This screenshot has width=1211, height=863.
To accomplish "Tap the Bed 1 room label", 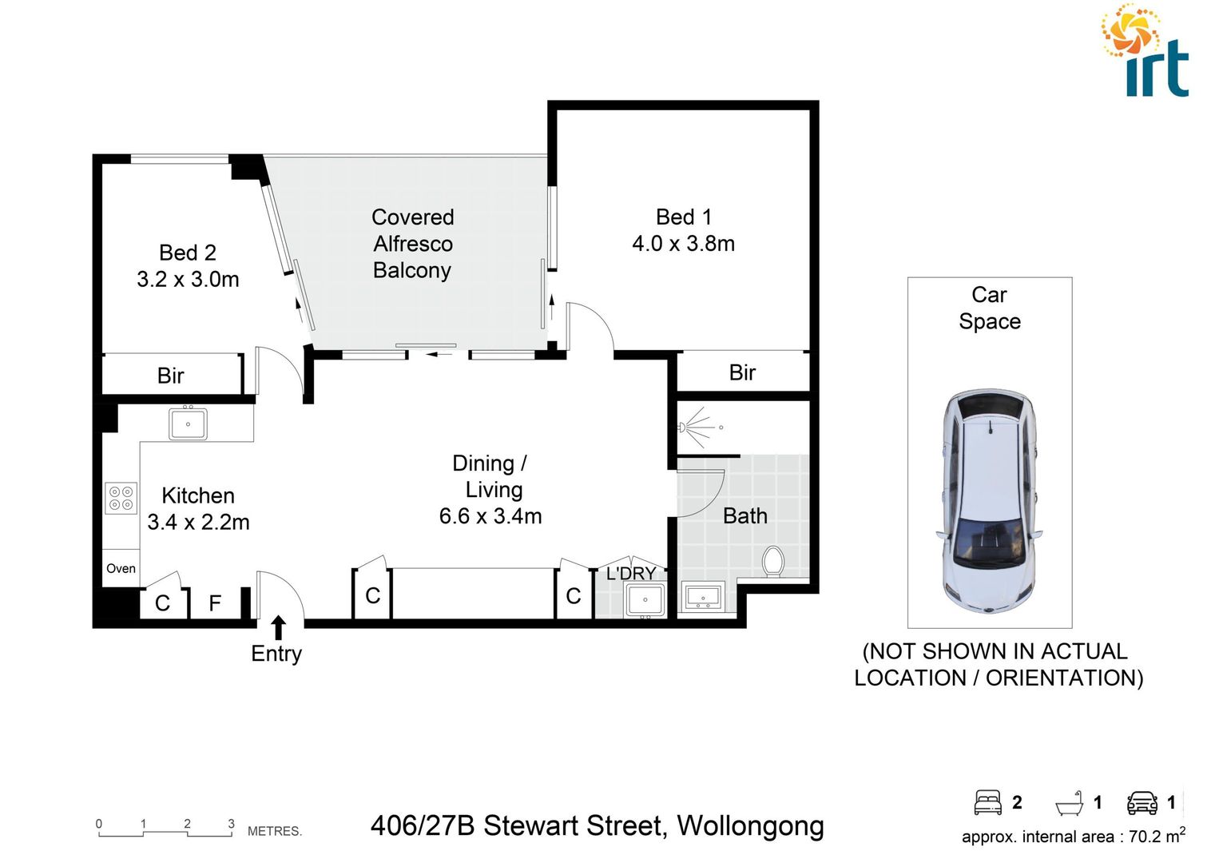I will point(683,217).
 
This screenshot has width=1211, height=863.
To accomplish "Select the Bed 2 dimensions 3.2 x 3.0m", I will point(188,279).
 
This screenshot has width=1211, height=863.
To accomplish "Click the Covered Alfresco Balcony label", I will point(412,244).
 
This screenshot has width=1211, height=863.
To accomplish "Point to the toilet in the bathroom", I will point(772,560).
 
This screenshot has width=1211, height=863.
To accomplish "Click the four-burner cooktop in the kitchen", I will point(121,498).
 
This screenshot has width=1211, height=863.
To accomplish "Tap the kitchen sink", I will point(188,424).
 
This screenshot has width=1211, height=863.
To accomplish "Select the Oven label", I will point(121,568).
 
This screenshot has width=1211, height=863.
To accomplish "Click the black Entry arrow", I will point(278,626).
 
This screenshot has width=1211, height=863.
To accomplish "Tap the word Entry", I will point(276,654).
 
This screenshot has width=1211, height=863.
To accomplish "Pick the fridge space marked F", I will point(215,603).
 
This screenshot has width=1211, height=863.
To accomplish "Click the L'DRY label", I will point(630,573).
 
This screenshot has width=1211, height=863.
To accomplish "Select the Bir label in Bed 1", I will point(742,372).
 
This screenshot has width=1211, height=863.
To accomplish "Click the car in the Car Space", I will point(989,502).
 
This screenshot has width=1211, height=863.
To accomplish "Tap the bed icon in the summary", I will point(988,802).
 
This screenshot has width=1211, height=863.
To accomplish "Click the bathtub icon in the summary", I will point(1069,802).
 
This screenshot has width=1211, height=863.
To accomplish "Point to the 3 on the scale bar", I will point(232,824).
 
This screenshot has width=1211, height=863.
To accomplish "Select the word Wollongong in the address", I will point(750,825).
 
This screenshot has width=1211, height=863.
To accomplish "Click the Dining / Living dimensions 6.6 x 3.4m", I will point(490,516).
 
